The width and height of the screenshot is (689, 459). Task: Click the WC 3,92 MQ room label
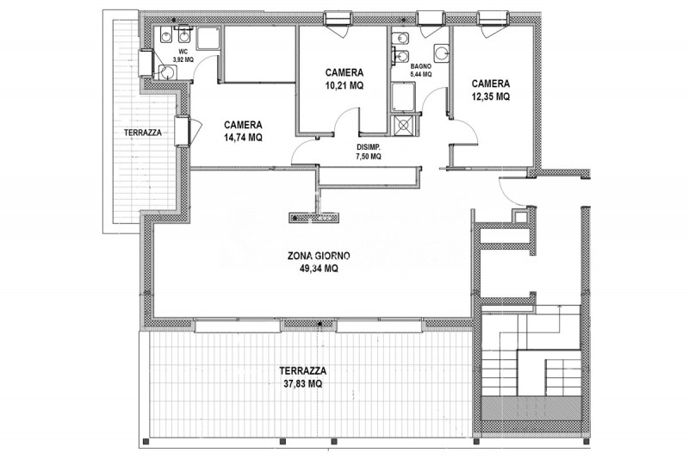(x=183, y=56)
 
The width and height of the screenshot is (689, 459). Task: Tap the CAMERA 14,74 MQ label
(x=243, y=131)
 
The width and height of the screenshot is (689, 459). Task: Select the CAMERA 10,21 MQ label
(x=344, y=79)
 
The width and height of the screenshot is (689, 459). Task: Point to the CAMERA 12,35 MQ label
(x=491, y=90)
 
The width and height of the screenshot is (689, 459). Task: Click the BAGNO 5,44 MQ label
(x=421, y=71)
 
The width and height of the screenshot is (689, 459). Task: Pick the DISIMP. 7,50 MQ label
(x=369, y=152)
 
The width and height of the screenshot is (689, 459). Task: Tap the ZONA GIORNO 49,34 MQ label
(x=319, y=262)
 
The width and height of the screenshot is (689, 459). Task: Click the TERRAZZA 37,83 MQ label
(x=303, y=377)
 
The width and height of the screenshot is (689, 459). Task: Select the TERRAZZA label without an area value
(x=143, y=133)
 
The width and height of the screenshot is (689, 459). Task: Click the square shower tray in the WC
(x=208, y=38)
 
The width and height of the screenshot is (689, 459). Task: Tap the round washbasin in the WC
(x=167, y=72)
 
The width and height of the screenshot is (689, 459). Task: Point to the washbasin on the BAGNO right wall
(x=442, y=53)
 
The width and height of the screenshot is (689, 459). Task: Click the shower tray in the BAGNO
(x=403, y=96)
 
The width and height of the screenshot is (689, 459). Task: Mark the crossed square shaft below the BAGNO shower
(x=403, y=125)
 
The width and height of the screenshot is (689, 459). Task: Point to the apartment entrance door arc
(x=512, y=193)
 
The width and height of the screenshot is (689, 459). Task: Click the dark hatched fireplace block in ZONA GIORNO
(x=313, y=217)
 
